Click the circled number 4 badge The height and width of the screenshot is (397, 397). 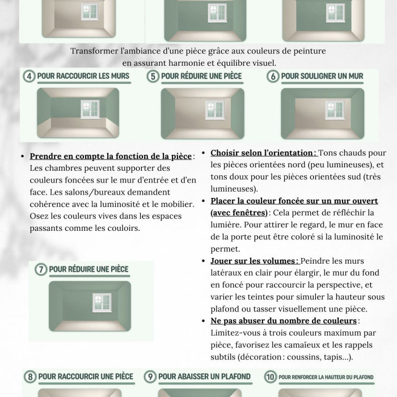(x=29, y=76)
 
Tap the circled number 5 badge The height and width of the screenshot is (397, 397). (x=153, y=76)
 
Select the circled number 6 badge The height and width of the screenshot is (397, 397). (x=273, y=76)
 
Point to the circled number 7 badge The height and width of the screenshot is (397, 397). (x=41, y=269)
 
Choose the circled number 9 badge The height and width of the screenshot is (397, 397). (x=150, y=377)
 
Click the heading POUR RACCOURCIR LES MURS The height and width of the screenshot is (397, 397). (x=83, y=76)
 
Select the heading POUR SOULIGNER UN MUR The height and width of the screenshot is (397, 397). (x=322, y=76)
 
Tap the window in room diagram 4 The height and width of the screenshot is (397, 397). (x=88, y=107)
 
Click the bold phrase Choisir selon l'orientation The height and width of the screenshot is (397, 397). (x=263, y=153)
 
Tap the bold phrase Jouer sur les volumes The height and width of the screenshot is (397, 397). (x=254, y=261)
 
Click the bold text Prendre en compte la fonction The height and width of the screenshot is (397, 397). (x=110, y=156)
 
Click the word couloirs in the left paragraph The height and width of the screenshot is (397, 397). (x=124, y=228)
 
